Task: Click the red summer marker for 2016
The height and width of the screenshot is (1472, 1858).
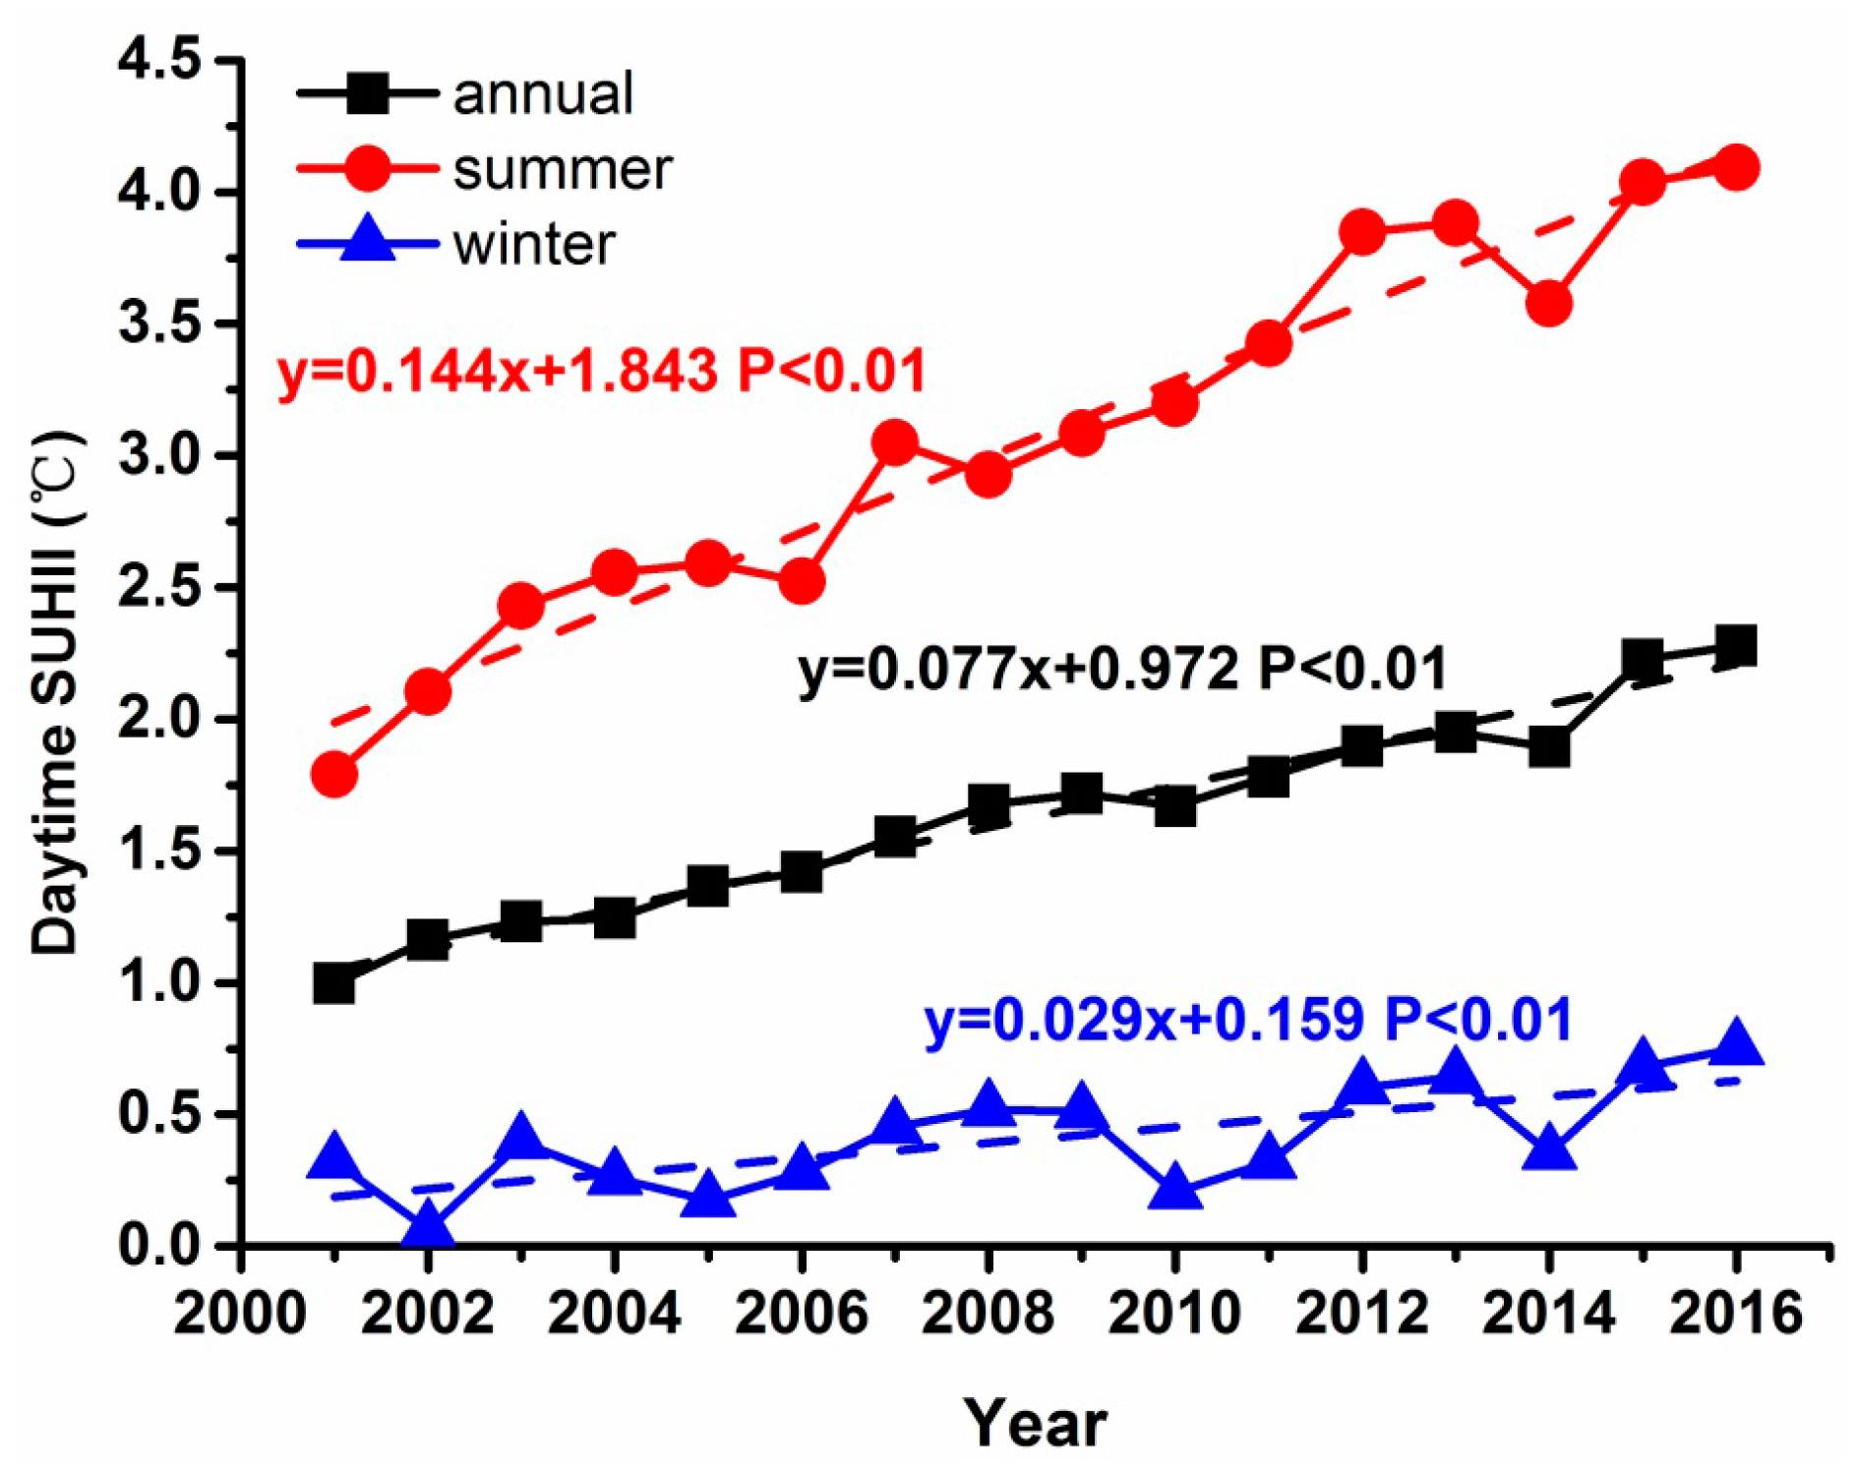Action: click(1735, 167)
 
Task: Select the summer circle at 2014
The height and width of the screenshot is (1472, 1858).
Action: click(1548, 303)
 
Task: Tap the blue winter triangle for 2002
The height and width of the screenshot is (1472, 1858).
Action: click(428, 1226)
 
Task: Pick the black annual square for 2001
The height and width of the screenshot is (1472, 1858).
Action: click(334, 982)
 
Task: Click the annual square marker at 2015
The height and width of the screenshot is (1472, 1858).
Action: click(1642, 659)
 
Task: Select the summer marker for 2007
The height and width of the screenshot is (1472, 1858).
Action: click(895, 442)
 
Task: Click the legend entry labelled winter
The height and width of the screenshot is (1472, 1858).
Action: click(534, 244)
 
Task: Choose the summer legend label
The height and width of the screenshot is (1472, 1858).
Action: click(563, 169)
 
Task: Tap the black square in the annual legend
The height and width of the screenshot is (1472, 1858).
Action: click(368, 93)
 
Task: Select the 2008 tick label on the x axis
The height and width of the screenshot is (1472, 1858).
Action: click(988, 1314)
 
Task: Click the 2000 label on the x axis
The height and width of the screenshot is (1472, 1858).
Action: click(240, 1314)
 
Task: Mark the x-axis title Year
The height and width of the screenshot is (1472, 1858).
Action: click(1035, 1422)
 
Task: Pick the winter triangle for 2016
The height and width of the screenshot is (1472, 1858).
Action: click(1735, 1043)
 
